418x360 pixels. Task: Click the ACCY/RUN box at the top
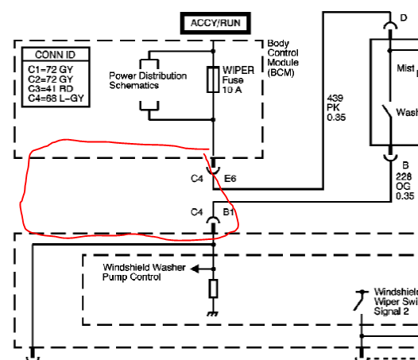[215, 23]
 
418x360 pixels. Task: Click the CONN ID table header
[56, 55]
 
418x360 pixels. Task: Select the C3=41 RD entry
[50, 89]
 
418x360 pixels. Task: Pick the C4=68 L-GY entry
[56, 99]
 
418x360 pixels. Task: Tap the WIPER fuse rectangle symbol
[213, 79]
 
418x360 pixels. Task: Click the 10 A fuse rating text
[232, 90]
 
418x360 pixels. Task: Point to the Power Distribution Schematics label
[148, 80]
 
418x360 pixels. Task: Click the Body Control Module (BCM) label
[283, 58]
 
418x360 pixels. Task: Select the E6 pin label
[230, 178]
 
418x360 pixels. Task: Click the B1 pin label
[228, 212]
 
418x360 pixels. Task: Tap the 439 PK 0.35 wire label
[336, 108]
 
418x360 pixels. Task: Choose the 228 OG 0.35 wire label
[404, 187]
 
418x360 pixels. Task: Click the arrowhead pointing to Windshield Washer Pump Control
[195, 269]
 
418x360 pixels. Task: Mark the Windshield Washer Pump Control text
[144, 272]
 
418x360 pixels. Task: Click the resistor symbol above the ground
[213, 288]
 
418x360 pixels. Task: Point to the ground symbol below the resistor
[213, 314]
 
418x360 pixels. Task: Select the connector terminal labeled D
[390, 26]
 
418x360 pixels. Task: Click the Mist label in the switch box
[405, 68]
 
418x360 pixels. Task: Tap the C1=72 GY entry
[50, 70]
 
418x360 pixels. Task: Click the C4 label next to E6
[197, 178]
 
